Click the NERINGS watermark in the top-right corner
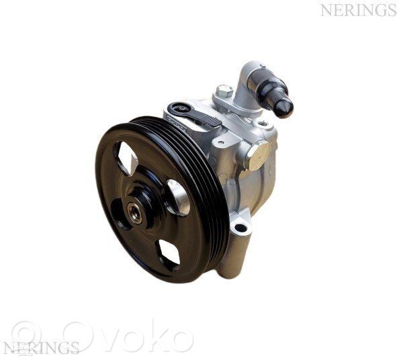click(x=358, y=11)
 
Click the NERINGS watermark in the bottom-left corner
click(x=40, y=348)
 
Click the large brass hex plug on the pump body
click(x=258, y=155)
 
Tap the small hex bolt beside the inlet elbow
click(x=224, y=90)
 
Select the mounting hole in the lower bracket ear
click(x=240, y=227)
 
